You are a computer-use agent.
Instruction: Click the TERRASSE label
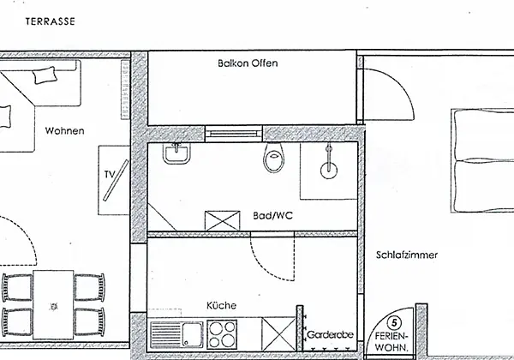pyautogui.click(x=51, y=21)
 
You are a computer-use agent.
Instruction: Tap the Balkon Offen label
pyautogui.click(x=248, y=63)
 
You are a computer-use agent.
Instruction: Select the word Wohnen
pyautogui.click(x=64, y=131)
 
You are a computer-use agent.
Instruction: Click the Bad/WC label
pyautogui.click(x=272, y=215)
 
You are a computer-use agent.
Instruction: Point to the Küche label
pyautogui.click(x=221, y=305)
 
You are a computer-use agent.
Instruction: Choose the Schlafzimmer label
pyautogui.click(x=406, y=255)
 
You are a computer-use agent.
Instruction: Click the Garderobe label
pyautogui.click(x=330, y=335)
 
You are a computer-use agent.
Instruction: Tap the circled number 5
pyautogui.click(x=394, y=323)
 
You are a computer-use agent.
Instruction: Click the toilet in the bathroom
pyautogui.click(x=274, y=159)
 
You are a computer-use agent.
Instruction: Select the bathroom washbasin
pyautogui.click(x=176, y=153)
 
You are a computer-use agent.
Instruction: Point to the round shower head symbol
pyautogui.click(x=329, y=171)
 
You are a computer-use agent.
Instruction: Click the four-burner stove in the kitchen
pyautogui.click(x=222, y=334)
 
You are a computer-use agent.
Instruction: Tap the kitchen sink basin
pyautogui.click(x=193, y=335)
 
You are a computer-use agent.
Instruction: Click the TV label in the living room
pyautogui.click(x=110, y=174)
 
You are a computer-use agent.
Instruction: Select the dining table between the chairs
pyautogui.click(x=53, y=304)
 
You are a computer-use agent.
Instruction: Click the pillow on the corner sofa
pyautogui.click(x=45, y=75)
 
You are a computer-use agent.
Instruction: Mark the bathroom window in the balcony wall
pyautogui.click(x=233, y=134)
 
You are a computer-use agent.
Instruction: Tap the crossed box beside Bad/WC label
pyautogui.click(x=222, y=220)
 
